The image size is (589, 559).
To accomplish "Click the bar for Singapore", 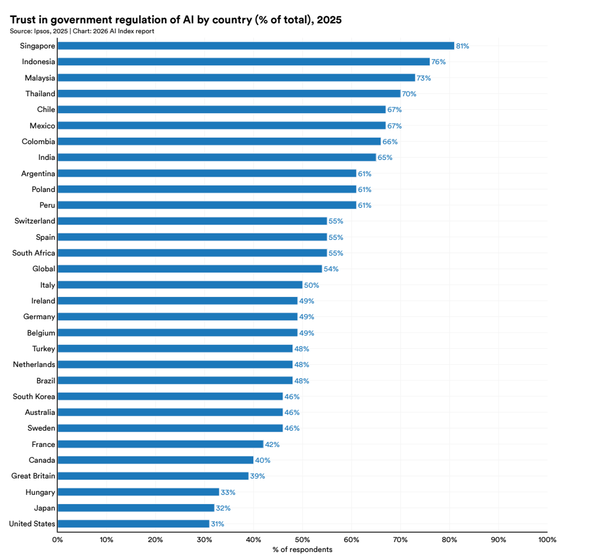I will (256, 46).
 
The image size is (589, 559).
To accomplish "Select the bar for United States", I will (133, 523).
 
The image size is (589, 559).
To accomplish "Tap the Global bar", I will (190, 268).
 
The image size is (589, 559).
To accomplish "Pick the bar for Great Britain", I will (153, 476).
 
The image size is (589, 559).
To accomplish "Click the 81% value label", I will (462, 46).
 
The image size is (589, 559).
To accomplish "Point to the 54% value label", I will (331, 269).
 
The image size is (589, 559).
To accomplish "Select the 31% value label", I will (217, 524).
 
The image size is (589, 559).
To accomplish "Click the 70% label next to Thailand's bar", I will (409, 94).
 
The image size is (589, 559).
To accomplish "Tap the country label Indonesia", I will (39, 62).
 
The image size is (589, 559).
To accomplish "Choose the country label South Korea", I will (34, 396).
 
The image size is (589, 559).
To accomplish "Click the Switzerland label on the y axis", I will (35, 221).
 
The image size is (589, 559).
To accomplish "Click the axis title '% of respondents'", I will (302, 550).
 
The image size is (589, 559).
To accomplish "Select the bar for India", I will (217, 157).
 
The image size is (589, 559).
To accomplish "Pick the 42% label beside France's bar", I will (272, 445).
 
